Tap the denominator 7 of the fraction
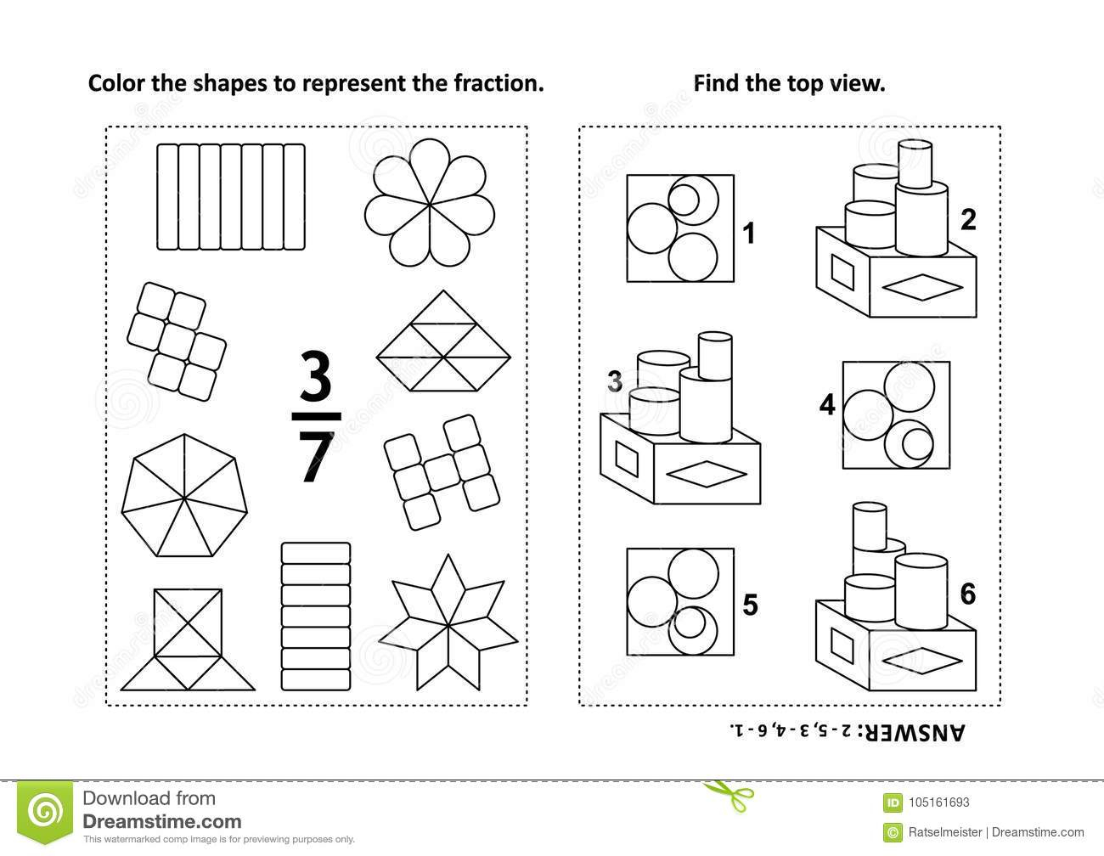tap(316, 456)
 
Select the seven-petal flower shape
tap(430, 203)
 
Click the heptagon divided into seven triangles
tap(184, 495)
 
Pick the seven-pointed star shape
tap(448, 622)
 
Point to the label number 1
tap(748, 234)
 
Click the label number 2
tap(968, 220)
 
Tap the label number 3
tap(615, 381)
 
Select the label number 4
tap(827, 405)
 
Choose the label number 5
tap(751, 605)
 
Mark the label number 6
tap(968, 594)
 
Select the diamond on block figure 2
tap(922, 288)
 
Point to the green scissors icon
tap(728, 795)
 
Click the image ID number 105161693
tap(939, 802)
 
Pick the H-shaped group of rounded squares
tap(442, 472)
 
